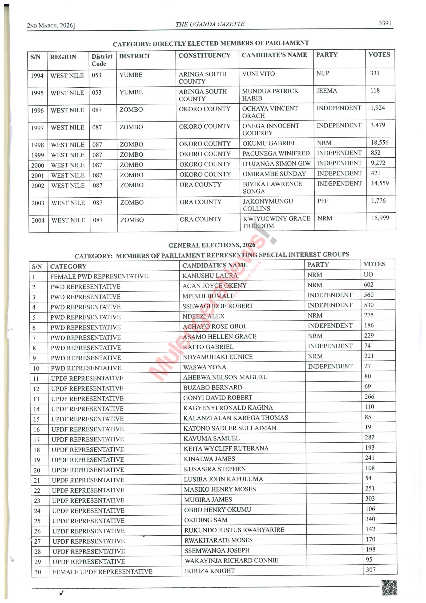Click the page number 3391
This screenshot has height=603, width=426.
(385, 23)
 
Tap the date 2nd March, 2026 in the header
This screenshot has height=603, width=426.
(51, 25)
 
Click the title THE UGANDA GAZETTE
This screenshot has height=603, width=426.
(210, 24)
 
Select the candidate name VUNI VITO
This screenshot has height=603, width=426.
(258, 74)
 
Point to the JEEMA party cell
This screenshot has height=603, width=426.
(326, 91)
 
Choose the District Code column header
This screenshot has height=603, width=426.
(102, 60)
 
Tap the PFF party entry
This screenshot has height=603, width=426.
(323, 201)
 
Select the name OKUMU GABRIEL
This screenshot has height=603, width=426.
(269, 143)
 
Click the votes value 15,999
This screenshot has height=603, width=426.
(380, 218)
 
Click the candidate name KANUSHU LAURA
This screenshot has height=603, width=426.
(210, 276)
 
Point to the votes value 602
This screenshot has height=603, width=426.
(369, 285)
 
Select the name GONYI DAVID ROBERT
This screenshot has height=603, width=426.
(218, 398)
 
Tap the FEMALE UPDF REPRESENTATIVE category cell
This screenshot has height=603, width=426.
(102, 572)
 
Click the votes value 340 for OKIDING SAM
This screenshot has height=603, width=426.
(370, 519)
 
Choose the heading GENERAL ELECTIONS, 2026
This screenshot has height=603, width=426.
(212, 245)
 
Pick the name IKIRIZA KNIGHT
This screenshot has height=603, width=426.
(209, 571)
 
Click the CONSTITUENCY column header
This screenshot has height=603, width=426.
(205, 55)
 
